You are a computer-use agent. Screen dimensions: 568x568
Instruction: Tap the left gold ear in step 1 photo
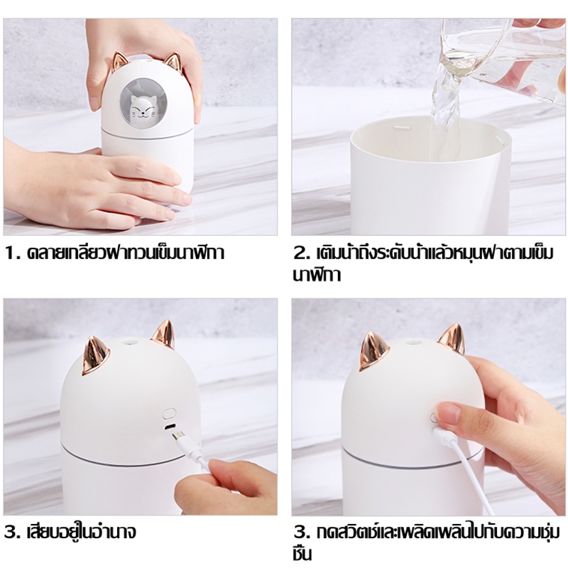(120, 62)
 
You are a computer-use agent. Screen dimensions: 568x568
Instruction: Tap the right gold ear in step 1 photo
(172, 62)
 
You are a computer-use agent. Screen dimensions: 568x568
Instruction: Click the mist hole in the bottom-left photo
(129, 342)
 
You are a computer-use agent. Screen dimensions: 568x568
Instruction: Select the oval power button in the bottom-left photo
(170, 413)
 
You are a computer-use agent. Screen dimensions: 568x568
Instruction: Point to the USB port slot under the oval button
(169, 427)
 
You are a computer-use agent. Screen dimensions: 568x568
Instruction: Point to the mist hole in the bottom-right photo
(412, 342)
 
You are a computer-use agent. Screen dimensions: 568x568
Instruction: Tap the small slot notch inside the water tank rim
(400, 128)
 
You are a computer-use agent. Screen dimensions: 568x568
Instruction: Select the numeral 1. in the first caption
(13, 253)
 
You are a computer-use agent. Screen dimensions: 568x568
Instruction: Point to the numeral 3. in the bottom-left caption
(13, 532)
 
